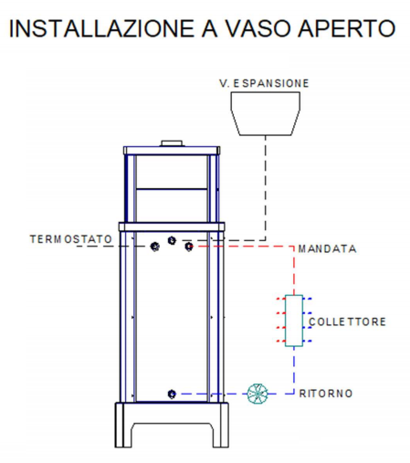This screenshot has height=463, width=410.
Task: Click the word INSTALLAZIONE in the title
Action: (101, 28)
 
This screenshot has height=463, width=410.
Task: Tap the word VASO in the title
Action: (258, 28)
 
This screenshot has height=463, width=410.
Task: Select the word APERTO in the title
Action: (346, 28)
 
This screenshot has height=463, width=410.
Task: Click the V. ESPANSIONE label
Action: (264, 83)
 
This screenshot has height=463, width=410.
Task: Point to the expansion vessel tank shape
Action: (265, 113)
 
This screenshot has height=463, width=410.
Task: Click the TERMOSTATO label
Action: (71, 239)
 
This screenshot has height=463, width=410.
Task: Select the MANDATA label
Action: (327, 249)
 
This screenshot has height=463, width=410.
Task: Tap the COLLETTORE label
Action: (347, 321)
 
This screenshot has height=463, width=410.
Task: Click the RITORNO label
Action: (326, 394)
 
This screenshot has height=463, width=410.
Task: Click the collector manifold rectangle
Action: (294, 321)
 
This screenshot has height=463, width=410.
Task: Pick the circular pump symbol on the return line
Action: (258, 394)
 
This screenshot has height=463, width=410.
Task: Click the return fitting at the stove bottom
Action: (172, 394)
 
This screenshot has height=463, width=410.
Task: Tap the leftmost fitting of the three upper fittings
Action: (155, 247)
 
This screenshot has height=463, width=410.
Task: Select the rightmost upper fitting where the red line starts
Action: (189, 247)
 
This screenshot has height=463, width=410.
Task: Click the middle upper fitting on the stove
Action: (172, 240)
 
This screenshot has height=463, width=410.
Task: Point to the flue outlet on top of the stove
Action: (172, 143)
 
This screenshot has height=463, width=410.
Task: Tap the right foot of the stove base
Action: (220, 426)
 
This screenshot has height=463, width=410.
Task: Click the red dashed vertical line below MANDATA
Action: (294, 270)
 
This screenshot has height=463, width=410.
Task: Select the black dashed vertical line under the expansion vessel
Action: (266, 188)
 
